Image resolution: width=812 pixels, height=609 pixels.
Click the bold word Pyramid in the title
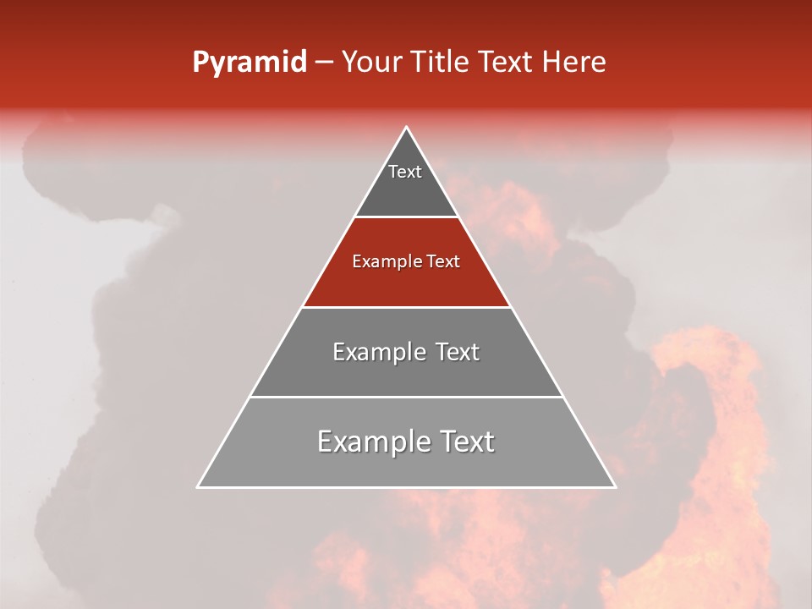tap(249, 63)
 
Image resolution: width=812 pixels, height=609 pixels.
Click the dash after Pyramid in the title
tap(324, 63)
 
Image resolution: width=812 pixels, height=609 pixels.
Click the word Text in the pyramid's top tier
tap(405, 172)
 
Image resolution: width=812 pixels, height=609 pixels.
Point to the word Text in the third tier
tap(457, 352)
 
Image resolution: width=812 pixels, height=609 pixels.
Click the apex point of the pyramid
tap(406, 128)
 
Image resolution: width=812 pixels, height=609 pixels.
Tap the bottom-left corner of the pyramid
tap(198, 486)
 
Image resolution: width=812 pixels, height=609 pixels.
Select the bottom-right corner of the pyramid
tap(615, 486)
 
